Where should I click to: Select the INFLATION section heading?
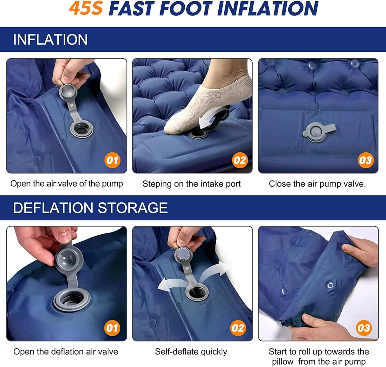(x=50, y=39)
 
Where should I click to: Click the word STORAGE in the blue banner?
(x=133, y=208)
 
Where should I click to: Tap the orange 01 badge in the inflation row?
(x=112, y=160)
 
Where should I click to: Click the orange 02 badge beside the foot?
(x=240, y=160)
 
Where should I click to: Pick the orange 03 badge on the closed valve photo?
(x=366, y=160)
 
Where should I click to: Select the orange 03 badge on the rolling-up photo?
(x=364, y=328)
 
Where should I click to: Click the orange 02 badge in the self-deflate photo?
(x=238, y=328)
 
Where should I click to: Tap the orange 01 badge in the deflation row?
(x=112, y=328)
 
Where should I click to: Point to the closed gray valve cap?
(x=319, y=131)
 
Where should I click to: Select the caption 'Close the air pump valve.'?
(x=317, y=184)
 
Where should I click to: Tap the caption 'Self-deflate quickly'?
(x=191, y=352)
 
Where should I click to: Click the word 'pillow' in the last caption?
(x=283, y=362)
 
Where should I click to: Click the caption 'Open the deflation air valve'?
(x=66, y=352)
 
